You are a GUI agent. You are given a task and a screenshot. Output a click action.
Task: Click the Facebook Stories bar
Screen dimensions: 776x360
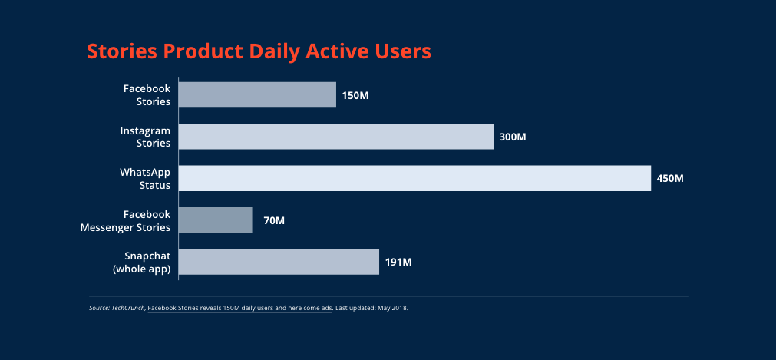click(257, 94)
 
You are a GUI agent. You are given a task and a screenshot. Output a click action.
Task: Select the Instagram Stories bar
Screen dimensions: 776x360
click(336, 136)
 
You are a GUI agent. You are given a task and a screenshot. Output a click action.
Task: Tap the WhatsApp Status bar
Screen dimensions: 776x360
click(414, 178)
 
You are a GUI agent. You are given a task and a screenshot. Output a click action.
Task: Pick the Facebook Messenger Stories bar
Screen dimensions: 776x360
click(215, 220)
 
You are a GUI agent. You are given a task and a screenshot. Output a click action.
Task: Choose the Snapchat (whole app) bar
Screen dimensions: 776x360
click(279, 262)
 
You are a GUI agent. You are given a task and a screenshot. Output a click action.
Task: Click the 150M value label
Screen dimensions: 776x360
click(355, 96)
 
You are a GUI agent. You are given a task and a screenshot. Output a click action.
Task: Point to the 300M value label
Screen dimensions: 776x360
click(513, 137)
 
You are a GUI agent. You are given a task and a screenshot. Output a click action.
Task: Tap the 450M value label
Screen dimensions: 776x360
click(670, 179)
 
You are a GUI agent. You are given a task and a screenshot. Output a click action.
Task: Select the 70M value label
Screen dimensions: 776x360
click(274, 221)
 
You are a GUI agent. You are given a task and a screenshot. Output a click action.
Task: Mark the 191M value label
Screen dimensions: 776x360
click(398, 263)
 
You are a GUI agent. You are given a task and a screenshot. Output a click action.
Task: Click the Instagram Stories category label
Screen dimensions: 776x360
click(146, 137)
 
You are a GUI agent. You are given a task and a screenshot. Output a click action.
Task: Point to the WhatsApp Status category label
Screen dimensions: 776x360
click(146, 179)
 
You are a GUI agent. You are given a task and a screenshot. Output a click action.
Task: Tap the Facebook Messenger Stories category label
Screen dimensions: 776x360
click(126, 221)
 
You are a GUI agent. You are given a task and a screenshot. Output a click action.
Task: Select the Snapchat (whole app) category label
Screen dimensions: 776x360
click(142, 263)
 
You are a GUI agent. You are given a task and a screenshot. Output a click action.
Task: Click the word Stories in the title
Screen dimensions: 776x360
click(122, 51)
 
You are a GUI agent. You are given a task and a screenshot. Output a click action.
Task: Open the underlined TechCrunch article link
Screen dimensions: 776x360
click(240, 308)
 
